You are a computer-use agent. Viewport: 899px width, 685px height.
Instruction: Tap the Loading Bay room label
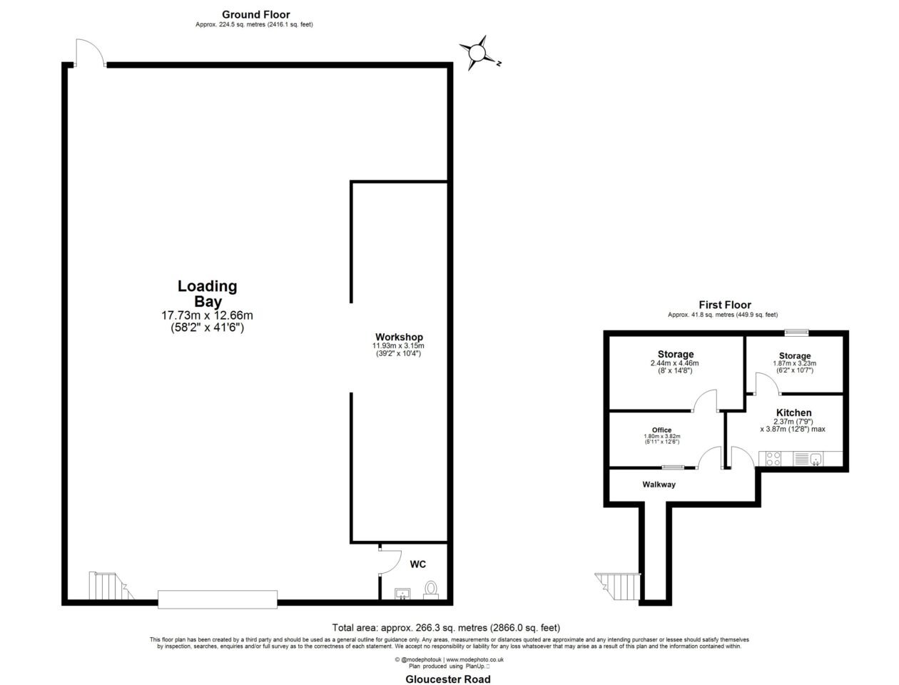[207, 293]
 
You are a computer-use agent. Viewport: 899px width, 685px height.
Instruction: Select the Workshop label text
[399, 337]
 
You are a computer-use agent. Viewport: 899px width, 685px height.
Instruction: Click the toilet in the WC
[430, 590]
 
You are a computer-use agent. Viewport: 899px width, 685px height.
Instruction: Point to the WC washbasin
[402, 594]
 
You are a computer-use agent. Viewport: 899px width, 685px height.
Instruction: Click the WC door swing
[390, 562]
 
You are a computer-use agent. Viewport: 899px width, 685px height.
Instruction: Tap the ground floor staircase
[111, 586]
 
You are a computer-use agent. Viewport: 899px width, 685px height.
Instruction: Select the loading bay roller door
[218, 599]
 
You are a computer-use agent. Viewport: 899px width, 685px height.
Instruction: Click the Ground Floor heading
[255, 15]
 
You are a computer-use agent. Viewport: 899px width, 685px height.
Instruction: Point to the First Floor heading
[724, 305]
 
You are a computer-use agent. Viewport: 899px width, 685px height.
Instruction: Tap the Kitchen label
[793, 412]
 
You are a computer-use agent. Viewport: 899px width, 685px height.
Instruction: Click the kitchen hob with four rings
[773, 459]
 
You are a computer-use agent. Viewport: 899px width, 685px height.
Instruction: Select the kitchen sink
[815, 459]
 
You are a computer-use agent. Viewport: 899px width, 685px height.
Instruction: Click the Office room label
[661, 430]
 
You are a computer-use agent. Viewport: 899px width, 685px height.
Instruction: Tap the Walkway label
[659, 484]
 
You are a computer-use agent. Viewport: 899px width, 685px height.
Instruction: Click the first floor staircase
[618, 587]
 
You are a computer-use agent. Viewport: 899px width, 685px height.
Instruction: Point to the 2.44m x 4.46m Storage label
[675, 362]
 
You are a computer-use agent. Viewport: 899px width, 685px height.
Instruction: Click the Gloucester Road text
[447, 679]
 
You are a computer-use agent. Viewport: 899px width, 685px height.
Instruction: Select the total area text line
[446, 627]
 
